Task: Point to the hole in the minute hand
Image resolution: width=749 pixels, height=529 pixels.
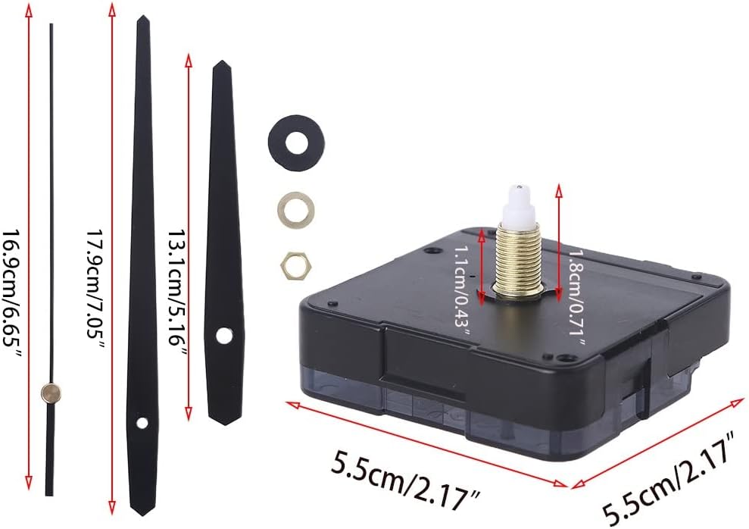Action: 142,423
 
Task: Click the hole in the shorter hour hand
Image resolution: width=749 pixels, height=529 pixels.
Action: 223,333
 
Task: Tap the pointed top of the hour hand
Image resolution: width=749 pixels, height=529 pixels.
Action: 221,65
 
